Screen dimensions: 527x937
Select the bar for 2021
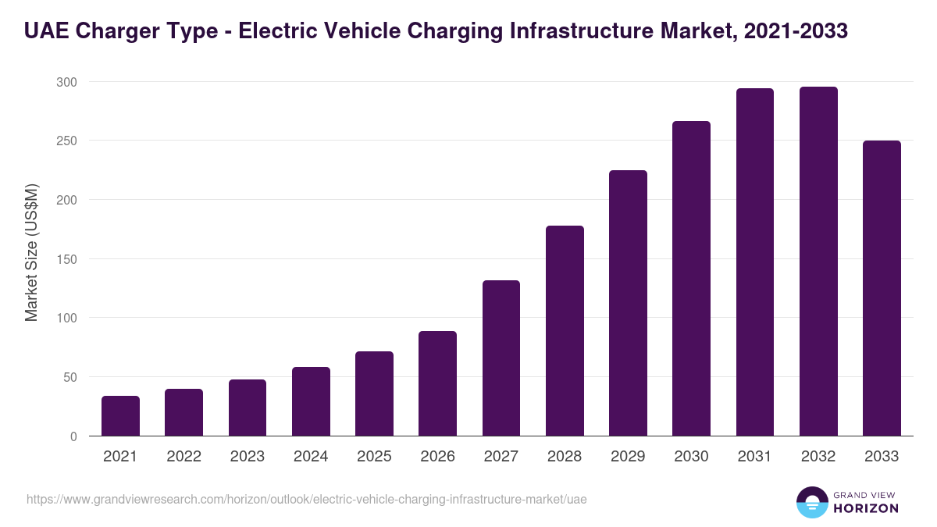pos(120,416)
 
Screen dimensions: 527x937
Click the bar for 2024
pos(311,401)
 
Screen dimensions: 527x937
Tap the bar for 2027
pos(501,358)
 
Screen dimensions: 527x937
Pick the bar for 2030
pos(691,279)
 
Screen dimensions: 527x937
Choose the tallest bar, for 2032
pos(818,262)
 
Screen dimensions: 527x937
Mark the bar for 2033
pos(882,288)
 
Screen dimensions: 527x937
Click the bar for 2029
pos(628,303)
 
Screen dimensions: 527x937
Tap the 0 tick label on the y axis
pos(73,436)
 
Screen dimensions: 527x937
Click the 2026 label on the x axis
pos(437,457)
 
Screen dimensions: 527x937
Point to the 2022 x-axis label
pos(183,457)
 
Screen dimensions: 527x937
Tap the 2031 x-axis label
pos(754,457)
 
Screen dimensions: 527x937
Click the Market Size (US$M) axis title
pos(31,252)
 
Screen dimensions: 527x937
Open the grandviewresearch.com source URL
pos(306,499)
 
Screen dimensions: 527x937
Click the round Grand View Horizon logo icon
pos(811,502)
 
